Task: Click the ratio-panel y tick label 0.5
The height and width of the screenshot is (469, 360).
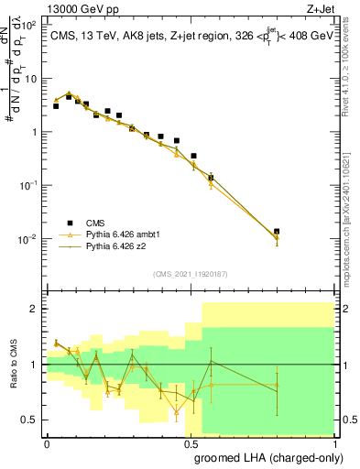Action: tap(31, 420)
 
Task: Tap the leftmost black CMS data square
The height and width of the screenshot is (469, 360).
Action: tap(56, 106)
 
